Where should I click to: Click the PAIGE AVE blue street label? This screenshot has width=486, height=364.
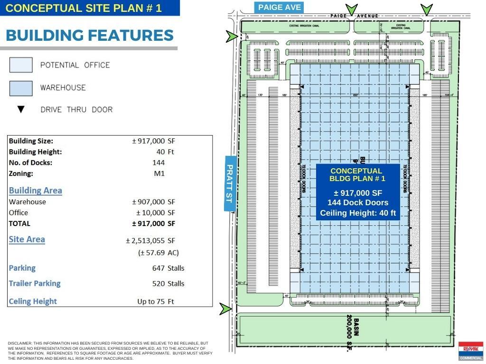point(279,7)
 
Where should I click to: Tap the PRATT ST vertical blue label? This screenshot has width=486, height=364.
point(230,183)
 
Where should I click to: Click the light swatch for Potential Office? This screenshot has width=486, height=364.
point(21,65)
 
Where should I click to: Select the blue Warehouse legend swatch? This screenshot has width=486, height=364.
point(21,88)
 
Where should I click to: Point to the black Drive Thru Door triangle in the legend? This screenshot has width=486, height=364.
point(21,109)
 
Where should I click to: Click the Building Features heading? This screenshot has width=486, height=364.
point(90,36)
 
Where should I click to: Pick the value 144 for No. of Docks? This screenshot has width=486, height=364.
point(159,163)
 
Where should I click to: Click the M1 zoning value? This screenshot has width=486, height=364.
point(159,173)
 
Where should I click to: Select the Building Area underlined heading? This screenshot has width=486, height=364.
point(36,191)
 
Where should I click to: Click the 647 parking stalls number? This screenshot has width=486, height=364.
point(159,268)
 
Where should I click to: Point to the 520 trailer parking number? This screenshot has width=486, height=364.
point(159,284)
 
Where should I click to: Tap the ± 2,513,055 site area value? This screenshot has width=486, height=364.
point(145,241)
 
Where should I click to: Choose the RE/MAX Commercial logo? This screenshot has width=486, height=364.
point(470,351)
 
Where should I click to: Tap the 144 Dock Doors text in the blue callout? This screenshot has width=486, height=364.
point(357,203)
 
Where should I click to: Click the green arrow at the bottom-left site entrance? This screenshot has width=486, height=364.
point(225,309)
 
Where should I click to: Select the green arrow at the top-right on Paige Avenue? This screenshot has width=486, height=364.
point(427,9)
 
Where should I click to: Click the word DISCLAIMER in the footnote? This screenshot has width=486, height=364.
point(19,343)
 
